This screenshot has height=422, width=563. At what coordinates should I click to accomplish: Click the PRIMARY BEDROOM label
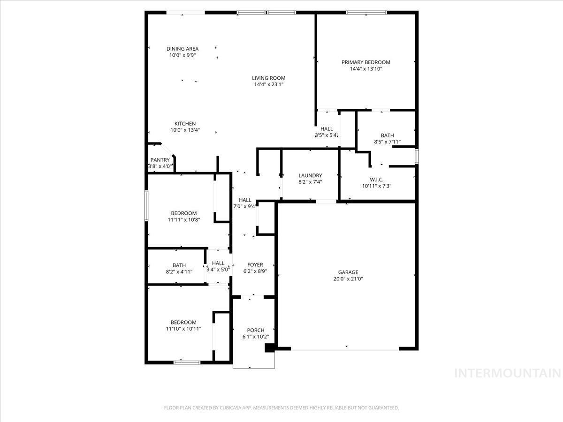365,62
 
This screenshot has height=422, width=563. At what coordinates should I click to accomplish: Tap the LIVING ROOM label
268,78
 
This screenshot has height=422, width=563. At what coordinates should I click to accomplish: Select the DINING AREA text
183,49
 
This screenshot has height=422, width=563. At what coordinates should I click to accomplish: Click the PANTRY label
160,160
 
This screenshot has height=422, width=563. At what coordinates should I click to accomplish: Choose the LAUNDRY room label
310,176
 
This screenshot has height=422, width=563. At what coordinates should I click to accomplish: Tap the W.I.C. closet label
376,179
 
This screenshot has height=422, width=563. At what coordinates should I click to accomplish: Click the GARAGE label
348,272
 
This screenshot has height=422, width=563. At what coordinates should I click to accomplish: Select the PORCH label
256,331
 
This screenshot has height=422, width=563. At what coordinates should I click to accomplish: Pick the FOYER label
255,264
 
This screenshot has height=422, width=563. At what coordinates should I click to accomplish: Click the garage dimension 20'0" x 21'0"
348,279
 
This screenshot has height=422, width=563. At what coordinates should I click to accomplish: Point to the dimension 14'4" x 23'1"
268,85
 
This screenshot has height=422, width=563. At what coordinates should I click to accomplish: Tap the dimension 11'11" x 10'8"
183,219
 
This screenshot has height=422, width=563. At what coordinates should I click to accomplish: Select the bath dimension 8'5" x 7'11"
387,142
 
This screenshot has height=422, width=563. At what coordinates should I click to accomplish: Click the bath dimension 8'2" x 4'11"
179,271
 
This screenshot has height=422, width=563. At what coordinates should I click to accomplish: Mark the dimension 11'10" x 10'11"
183,329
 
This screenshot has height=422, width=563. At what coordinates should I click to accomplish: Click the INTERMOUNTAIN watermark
508,373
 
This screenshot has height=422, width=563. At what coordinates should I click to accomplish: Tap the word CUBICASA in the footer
232,408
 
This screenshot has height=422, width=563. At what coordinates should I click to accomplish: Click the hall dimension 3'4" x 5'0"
218,270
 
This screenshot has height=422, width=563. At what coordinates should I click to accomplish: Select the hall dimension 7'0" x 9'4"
244,206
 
